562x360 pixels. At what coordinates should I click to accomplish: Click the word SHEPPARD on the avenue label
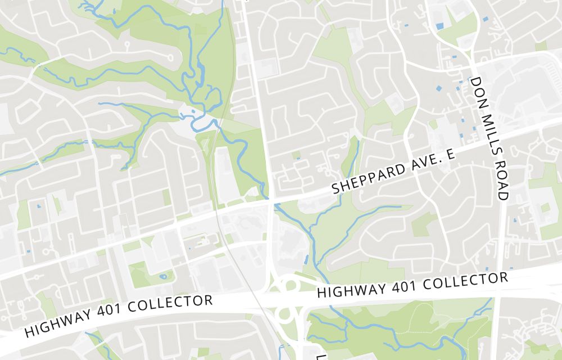click(367, 178)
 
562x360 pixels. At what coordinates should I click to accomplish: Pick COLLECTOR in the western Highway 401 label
click(171, 307)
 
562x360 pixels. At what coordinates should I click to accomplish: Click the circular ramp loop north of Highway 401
click(290, 284)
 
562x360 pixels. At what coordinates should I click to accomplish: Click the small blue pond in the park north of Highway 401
click(163, 276)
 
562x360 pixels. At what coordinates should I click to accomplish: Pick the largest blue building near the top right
click(439, 26)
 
